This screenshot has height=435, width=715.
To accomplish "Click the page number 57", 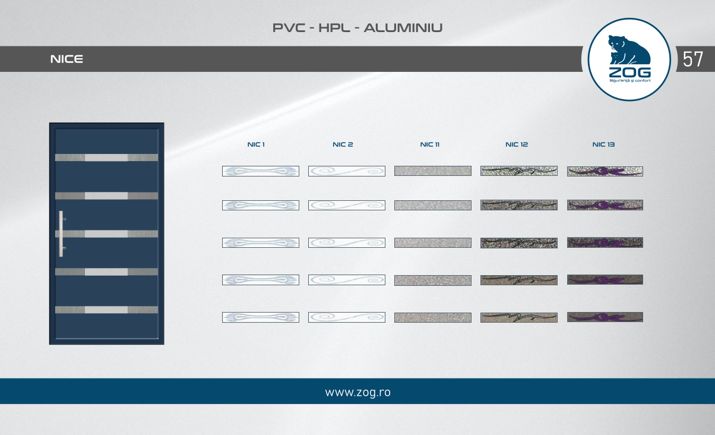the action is coord(692,59).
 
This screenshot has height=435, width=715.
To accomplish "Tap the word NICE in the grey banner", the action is coord(67,59).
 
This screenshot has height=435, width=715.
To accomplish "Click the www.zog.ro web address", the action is coord(358,392).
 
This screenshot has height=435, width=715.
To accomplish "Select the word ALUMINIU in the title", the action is coord(403,28).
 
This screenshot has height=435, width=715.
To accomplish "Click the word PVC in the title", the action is coord(289,28).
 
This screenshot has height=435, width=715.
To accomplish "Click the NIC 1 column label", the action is coord(256,144).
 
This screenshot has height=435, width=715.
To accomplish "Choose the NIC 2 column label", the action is coord(343,144).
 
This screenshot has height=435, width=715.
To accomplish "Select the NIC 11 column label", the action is coord(429,144).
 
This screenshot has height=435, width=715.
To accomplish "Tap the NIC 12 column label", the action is coord(517,144).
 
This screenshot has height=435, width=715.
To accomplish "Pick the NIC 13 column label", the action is coord(603,144).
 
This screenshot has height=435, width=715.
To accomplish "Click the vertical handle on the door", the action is coord(61,234).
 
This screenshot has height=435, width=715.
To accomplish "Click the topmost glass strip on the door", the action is coord(106,157).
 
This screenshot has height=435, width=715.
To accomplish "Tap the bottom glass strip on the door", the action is coord(106,310).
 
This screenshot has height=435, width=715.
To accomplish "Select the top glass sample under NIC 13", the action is coord(605,171).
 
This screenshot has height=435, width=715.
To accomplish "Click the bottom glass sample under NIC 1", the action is coord(261,317).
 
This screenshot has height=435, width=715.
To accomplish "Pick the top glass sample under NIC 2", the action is coord(347,171).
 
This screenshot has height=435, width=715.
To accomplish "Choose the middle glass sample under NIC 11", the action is coord(433,242).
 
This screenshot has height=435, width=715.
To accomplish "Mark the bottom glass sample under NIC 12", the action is coord(519,317).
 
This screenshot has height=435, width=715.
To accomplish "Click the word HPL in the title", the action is coord(334,28).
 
